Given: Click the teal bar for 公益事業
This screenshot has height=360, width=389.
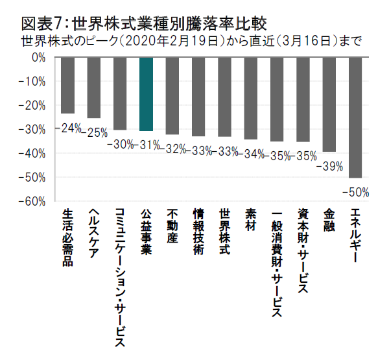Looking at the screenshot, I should click(x=146, y=94).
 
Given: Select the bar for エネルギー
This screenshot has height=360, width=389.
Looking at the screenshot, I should click(x=355, y=117).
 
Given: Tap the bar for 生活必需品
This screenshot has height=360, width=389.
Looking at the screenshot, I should click(x=67, y=86).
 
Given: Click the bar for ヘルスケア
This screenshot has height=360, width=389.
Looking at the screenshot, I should click(x=93, y=88).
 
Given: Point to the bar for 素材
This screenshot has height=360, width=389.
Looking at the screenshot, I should click(x=251, y=99).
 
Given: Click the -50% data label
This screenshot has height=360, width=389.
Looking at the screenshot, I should click(x=356, y=192).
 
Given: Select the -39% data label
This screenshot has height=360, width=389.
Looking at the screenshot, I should click(x=329, y=167).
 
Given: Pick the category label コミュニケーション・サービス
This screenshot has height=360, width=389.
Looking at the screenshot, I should click(x=120, y=273).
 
